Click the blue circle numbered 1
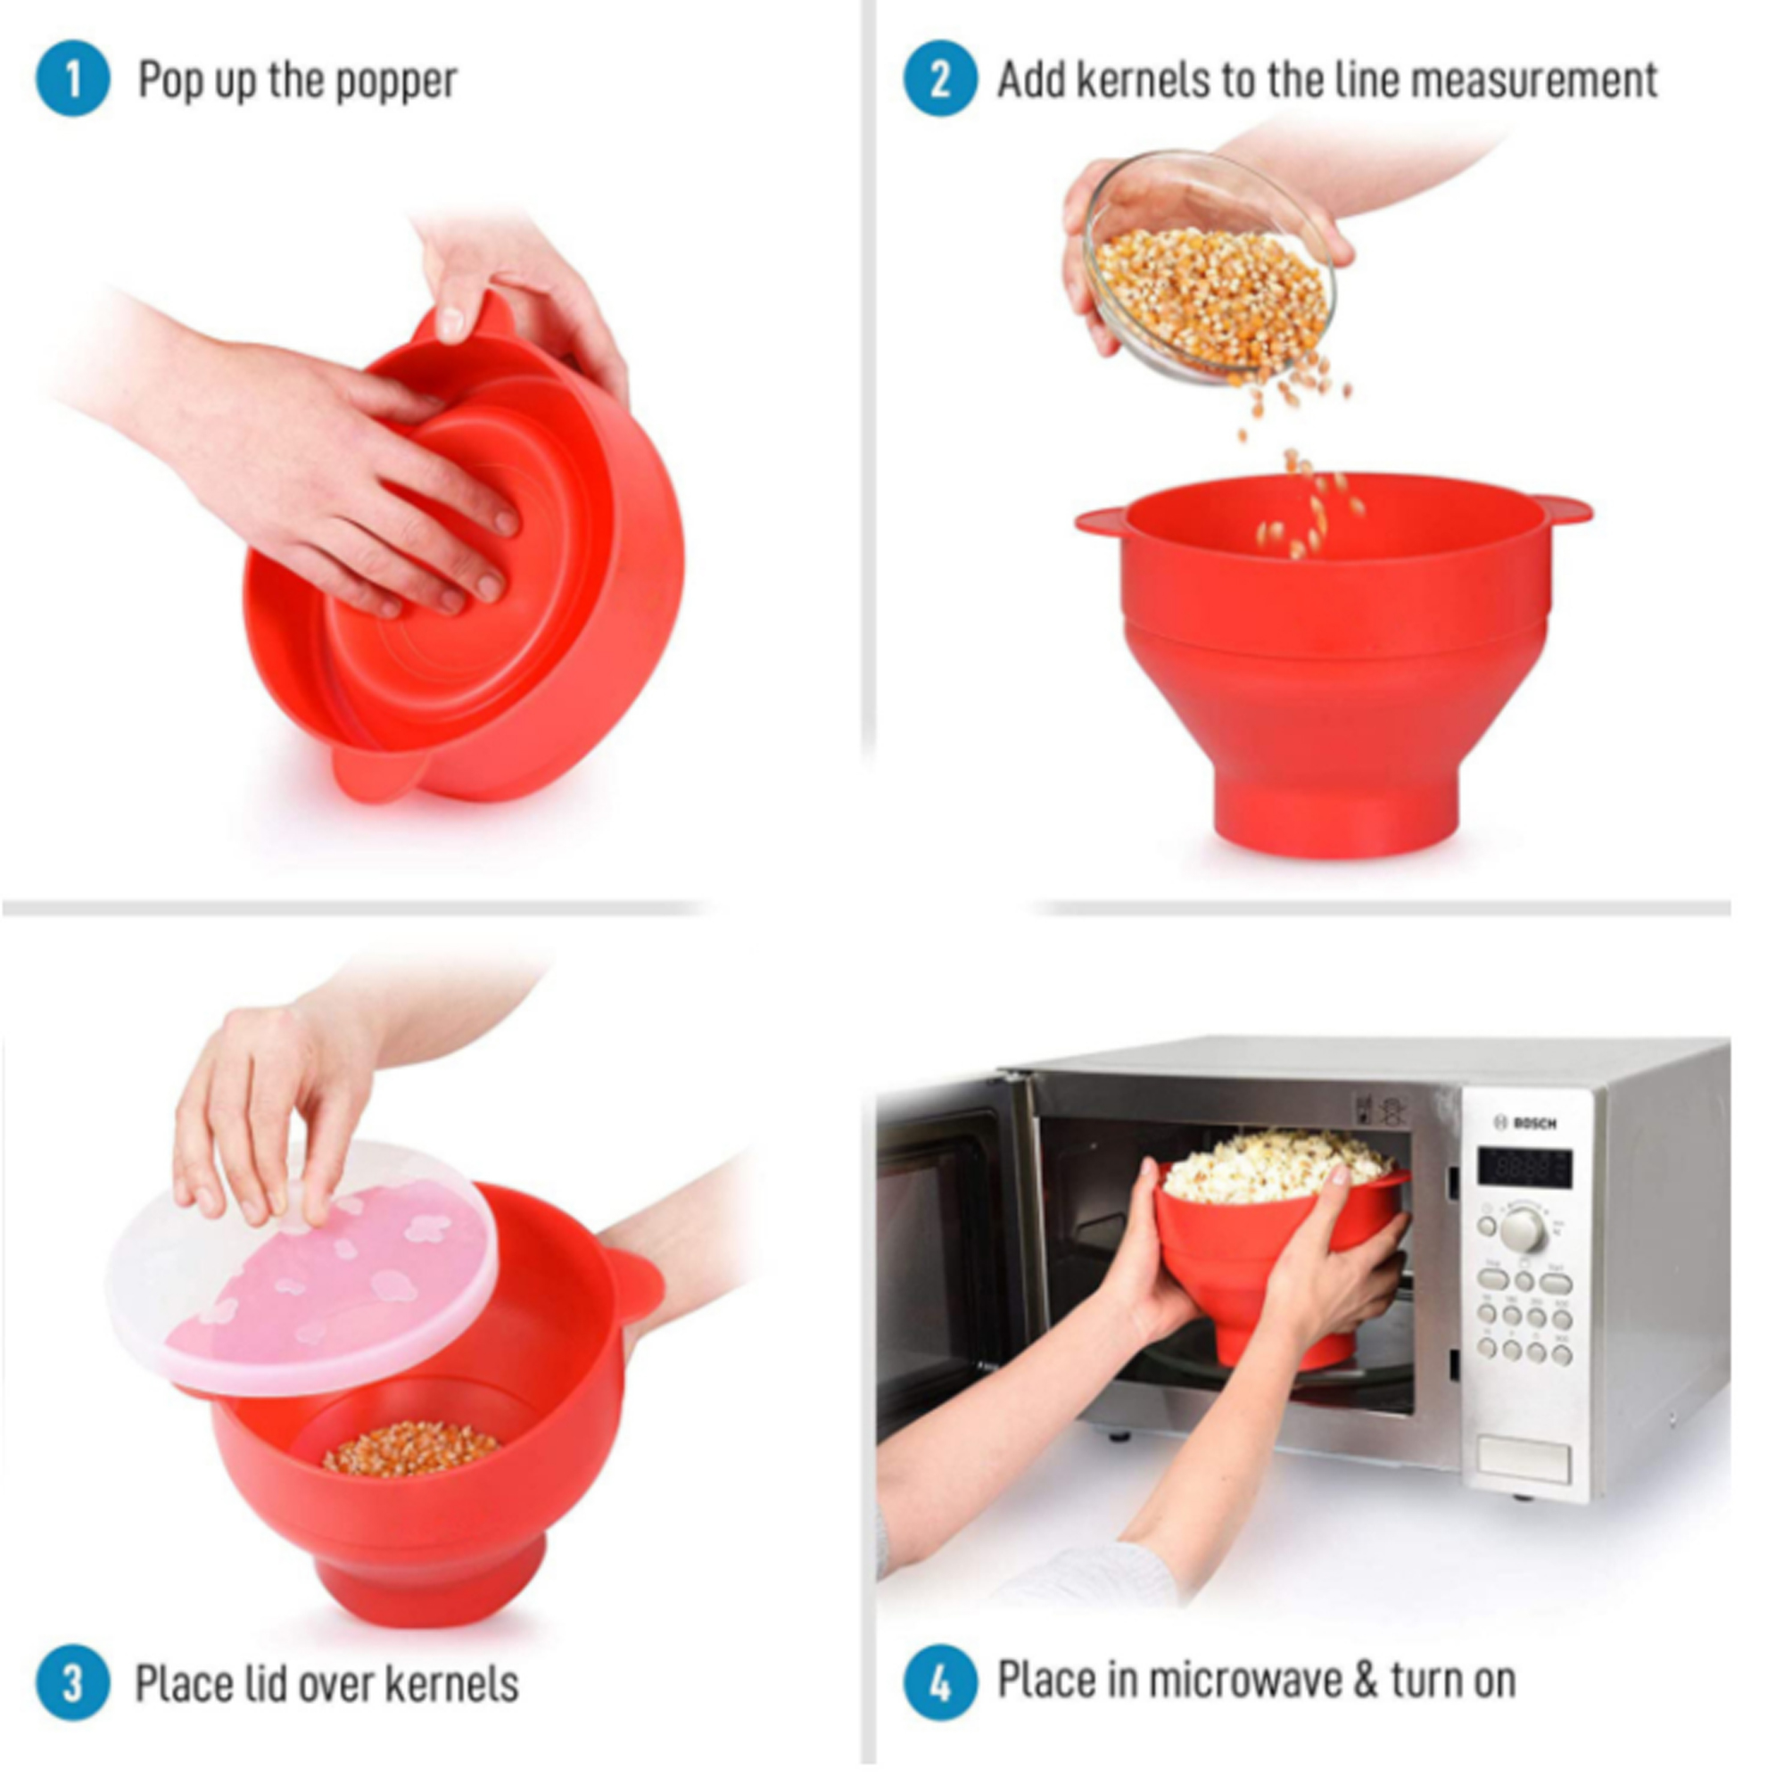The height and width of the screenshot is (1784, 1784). tap(72, 80)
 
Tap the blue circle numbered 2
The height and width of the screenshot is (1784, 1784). tap(939, 80)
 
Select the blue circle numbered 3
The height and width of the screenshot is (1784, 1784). tap(72, 1682)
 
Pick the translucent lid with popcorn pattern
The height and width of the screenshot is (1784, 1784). tap(305, 1269)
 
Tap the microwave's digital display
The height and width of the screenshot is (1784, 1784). tap(1524, 1169)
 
